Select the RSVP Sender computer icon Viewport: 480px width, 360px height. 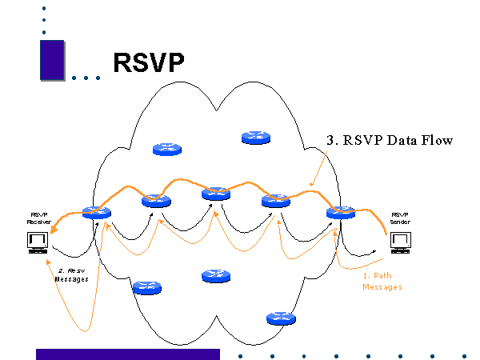[399, 241]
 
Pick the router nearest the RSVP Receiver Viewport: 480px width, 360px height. [96, 214]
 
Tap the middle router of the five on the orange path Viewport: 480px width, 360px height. [216, 193]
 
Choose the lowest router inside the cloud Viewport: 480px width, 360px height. [280, 318]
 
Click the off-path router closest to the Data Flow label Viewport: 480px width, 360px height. [256, 138]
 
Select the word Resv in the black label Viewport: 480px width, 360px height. [76, 270]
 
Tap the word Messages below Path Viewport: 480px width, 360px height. [382, 286]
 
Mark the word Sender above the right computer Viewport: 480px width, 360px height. [399, 221]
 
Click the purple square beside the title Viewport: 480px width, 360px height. [52, 60]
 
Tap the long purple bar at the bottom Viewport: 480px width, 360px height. [128, 354]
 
